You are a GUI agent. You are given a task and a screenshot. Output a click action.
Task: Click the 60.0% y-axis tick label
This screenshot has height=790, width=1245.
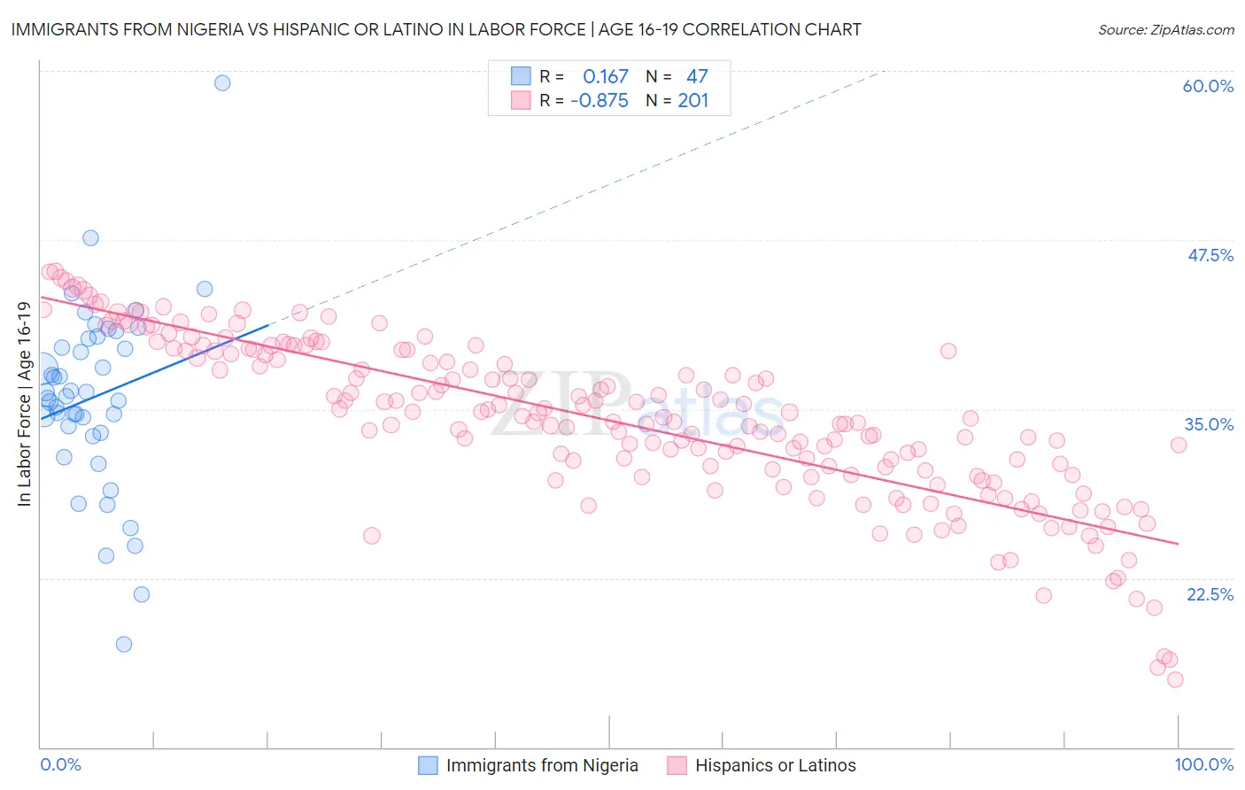point(1208,86)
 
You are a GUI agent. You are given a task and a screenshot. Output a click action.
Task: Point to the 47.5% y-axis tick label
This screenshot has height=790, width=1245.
point(1210,255)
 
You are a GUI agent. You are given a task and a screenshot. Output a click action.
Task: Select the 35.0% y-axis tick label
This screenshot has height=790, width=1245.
point(1209,424)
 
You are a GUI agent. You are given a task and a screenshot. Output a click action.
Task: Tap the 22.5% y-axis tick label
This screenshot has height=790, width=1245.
point(1210,594)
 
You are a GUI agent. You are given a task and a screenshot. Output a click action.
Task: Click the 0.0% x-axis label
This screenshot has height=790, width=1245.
point(60,764)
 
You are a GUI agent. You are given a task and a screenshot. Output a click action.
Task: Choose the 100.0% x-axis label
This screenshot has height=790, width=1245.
point(1203,764)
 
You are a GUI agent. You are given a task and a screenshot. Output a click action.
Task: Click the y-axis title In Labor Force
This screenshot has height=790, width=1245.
point(24,404)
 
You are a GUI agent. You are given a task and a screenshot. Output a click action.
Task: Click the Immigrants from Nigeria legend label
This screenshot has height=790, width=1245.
point(542,765)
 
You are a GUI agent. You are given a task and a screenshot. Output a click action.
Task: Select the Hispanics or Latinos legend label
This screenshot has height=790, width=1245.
point(775,765)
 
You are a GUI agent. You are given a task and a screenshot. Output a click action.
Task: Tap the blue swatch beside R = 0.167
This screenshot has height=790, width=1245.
point(521,76)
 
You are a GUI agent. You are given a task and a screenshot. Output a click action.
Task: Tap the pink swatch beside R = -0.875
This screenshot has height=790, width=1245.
point(521,100)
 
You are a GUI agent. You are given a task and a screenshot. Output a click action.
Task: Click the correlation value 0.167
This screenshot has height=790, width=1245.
point(605,76)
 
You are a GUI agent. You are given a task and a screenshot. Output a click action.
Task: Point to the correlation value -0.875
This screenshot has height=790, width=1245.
point(599,100)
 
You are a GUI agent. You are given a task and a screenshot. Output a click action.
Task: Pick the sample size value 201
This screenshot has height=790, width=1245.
point(692,100)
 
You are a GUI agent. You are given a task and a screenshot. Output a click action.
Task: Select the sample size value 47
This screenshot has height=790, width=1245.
point(697,76)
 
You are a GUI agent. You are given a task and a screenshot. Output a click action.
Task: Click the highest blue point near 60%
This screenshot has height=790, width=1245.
point(222,82)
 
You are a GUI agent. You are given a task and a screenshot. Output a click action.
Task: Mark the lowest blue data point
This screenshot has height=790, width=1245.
point(124,644)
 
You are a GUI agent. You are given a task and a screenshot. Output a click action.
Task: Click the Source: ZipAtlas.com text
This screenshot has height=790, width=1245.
point(1165,29)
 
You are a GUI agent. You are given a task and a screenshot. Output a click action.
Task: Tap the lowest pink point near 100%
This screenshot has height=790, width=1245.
point(1175,679)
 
